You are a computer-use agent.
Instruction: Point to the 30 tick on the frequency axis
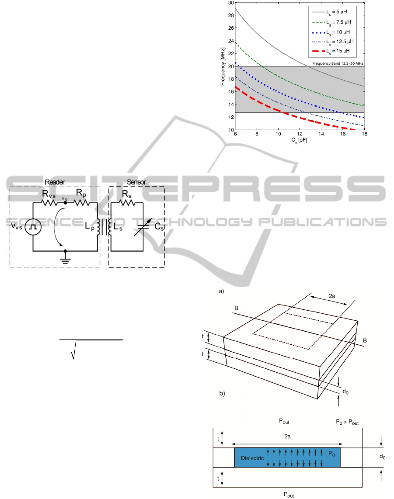[231, 3]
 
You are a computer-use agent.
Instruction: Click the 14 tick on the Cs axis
[321, 134]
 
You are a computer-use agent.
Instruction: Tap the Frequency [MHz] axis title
[223, 66]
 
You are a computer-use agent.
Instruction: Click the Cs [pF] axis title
[299, 140]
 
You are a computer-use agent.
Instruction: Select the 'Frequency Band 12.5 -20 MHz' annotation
[338, 63]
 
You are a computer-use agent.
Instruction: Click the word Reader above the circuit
[55, 182]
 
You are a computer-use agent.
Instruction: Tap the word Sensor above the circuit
[136, 182]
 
